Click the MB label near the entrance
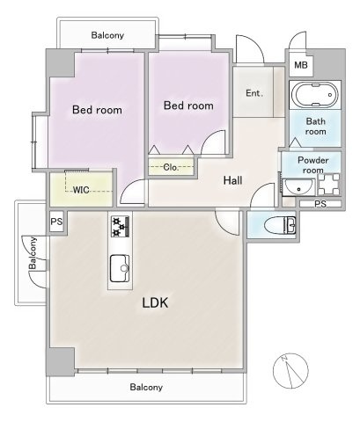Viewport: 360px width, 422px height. (301, 65)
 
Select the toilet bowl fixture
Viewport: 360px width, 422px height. (280, 226)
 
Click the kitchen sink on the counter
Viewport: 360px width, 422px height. (120, 268)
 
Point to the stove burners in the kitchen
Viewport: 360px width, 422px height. (121, 227)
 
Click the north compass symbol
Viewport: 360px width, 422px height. (290, 371)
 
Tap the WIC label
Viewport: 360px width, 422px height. (81, 190)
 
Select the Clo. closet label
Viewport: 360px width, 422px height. (171, 168)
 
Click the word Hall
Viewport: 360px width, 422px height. (233, 180)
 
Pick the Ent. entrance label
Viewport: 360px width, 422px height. (254, 93)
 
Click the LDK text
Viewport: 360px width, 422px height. (155, 302)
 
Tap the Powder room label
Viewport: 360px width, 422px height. (313, 165)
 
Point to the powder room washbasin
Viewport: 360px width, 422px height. (298, 187)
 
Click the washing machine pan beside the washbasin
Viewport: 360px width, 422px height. (328, 185)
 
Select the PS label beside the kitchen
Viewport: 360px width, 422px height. (56, 222)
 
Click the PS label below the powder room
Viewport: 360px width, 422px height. (320, 204)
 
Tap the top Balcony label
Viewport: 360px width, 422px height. (107, 35)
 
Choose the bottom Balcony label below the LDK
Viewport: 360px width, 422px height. (146, 388)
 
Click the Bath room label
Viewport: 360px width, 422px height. (316, 127)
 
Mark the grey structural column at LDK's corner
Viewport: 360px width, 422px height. (61, 361)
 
